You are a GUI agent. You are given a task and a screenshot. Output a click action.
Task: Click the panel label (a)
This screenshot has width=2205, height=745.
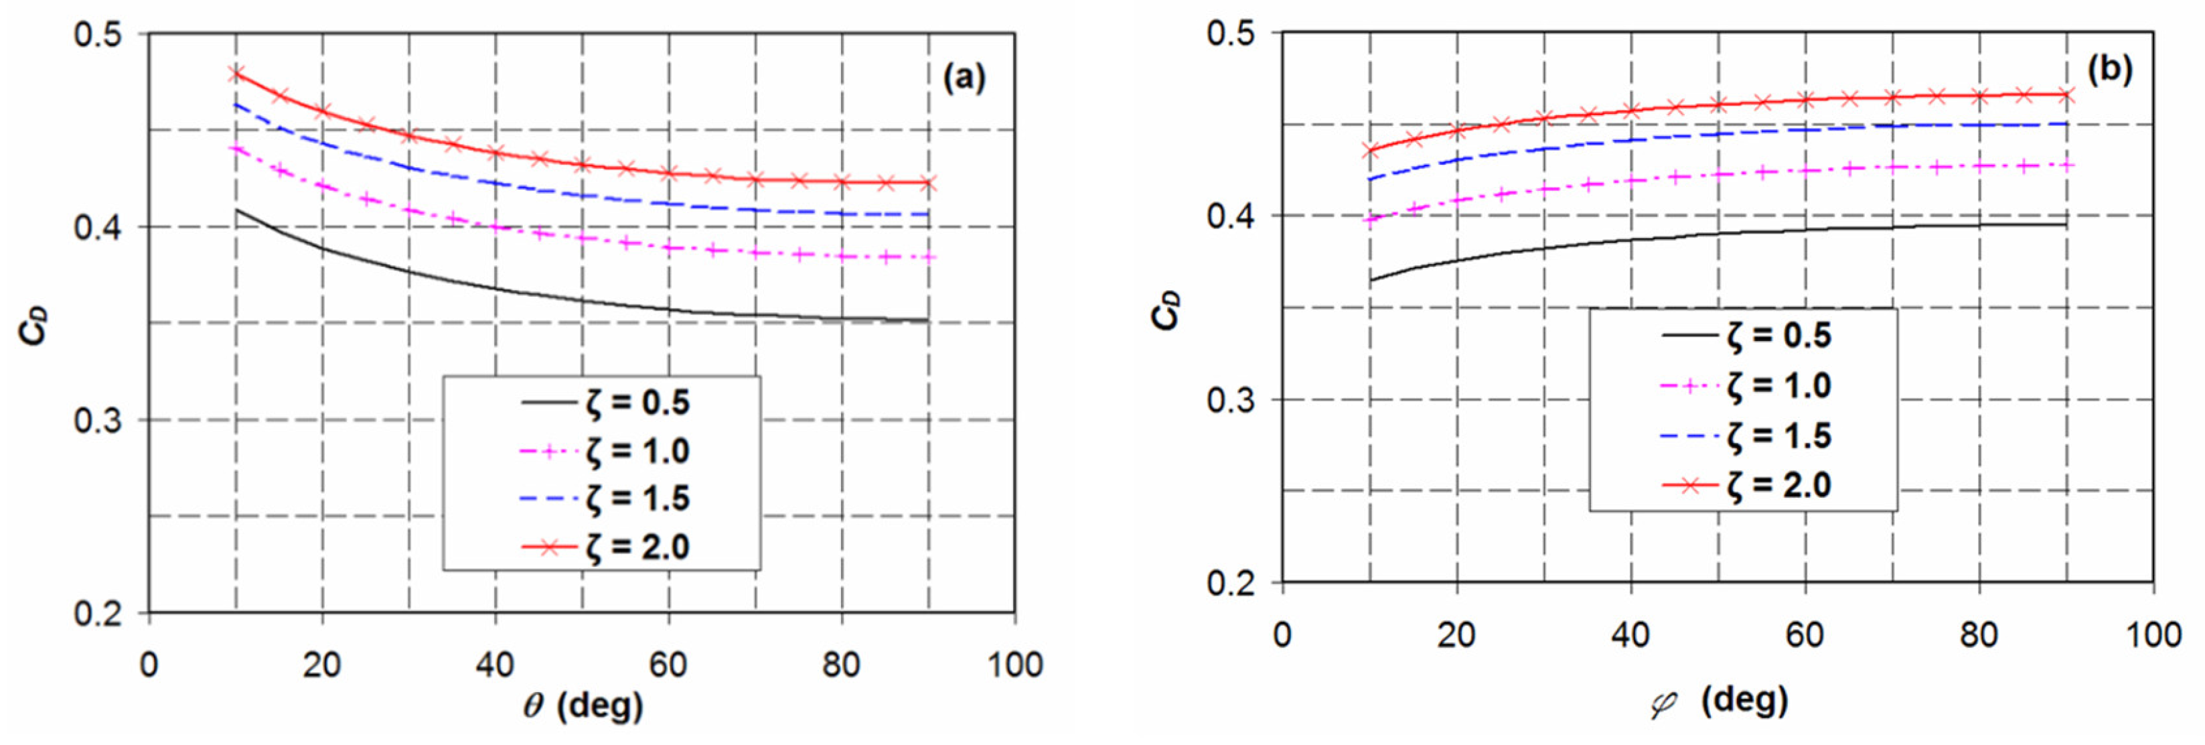[x=964, y=79]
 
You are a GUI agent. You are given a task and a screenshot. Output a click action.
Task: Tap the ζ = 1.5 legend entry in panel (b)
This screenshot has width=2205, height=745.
[x=1746, y=435]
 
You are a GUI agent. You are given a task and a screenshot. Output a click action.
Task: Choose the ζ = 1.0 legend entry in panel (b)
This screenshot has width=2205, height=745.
[x=1746, y=385]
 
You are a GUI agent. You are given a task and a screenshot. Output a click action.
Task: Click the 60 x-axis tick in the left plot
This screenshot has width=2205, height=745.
[x=668, y=665]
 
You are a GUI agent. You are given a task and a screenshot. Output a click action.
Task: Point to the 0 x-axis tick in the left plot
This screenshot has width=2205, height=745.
[x=149, y=665]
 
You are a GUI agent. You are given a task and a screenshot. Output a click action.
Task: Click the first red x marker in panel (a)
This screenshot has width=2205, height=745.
[x=236, y=74]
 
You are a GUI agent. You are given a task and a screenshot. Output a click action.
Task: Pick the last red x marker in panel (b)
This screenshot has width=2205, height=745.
[x=2066, y=95]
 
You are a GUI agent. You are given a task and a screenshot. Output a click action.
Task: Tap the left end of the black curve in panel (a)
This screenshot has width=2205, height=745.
[x=237, y=209]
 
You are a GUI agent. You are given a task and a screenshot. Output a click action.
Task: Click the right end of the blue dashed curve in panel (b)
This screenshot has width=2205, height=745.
[x=2066, y=123]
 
